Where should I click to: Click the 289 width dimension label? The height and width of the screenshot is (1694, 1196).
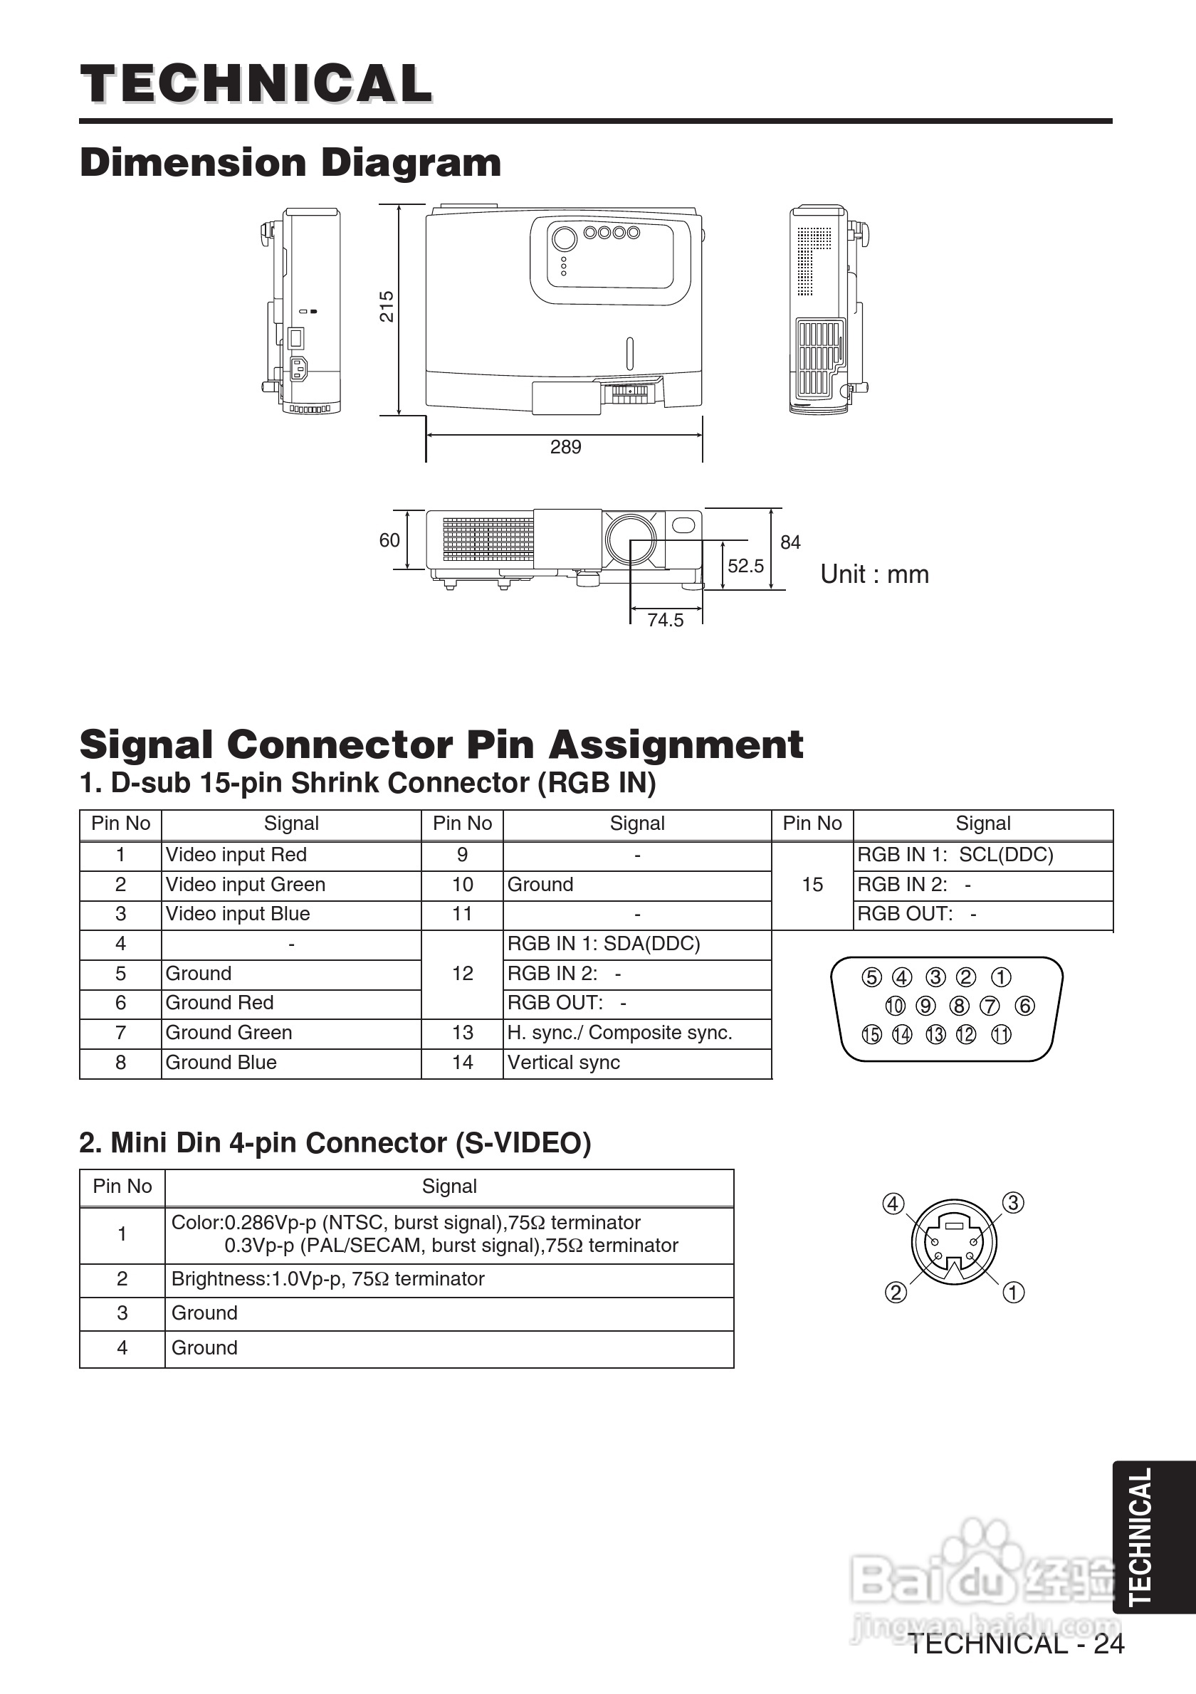[565, 447]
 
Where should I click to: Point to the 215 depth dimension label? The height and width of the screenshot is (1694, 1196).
[387, 306]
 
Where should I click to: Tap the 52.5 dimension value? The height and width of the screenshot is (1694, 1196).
[745, 566]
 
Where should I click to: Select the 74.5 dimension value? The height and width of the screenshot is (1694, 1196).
[666, 620]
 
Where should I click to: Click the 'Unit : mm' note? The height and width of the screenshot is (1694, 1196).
[874, 574]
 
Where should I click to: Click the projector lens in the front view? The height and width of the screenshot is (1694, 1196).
[631, 538]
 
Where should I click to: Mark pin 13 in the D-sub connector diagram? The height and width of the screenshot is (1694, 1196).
[935, 1034]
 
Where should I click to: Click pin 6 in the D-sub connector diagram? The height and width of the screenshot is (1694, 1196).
[1024, 1006]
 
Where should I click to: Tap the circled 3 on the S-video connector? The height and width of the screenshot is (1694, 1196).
[1013, 1203]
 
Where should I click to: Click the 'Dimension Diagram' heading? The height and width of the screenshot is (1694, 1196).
[290, 162]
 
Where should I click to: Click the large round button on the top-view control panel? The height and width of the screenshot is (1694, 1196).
[565, 238]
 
